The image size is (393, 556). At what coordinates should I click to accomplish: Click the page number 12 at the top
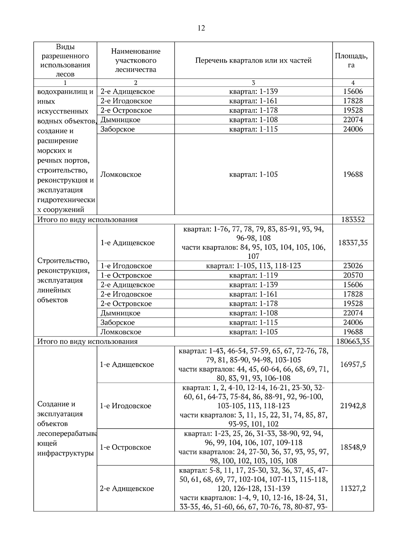[201, 28]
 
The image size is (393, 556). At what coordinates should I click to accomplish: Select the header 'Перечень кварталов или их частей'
[253, 60]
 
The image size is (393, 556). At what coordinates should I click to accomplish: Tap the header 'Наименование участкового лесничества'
[136, 60]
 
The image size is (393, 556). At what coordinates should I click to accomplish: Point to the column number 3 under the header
[253, 83]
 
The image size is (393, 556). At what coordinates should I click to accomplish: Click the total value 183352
[353, 220]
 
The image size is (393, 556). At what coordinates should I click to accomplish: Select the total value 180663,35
[353, 341]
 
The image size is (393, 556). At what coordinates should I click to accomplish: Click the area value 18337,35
[353, 243]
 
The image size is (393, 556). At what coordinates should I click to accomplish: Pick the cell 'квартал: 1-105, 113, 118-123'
[253, 266]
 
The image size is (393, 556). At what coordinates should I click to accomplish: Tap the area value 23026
[353, 266]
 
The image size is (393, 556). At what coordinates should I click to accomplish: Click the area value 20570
[353, 275]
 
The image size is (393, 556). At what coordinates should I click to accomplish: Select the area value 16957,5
[353, 364]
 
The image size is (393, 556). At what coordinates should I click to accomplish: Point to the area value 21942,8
[353, 406]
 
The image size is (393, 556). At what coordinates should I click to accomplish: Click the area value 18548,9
[353, 447]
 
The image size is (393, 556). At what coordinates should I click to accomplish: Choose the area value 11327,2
[353, 489]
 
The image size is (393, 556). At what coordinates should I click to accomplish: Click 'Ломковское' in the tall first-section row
[121, 175]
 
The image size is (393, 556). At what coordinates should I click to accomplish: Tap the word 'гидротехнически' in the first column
[66, 200]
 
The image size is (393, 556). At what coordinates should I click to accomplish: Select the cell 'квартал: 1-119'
[253, 275]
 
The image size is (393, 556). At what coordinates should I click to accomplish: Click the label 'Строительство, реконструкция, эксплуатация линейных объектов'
[64, 280]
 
